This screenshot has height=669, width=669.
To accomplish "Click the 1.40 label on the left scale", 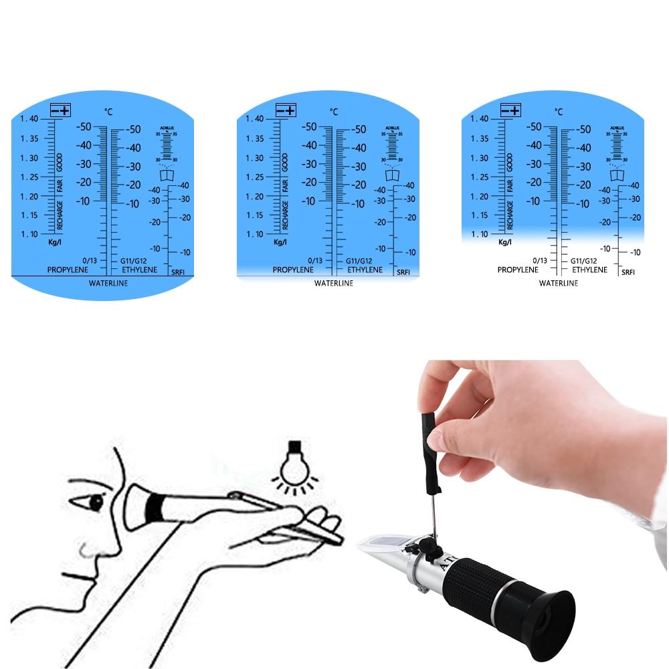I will [x=29, y=119].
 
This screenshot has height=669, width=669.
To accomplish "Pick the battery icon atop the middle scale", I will [x=286, y=110].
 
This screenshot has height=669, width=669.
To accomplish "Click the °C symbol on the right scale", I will [x=558, y=112].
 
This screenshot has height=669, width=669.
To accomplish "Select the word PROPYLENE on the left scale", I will [x=68, y=270].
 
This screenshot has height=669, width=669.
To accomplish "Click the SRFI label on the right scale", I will [x=628, y=272].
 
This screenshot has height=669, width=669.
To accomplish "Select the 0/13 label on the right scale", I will [x=541, y=260].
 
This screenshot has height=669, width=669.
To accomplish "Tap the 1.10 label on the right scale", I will [x=479, y=234].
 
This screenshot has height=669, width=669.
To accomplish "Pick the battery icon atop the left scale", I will [x=61, y=110].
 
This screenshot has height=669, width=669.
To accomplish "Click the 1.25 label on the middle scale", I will [x=254, y=177].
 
